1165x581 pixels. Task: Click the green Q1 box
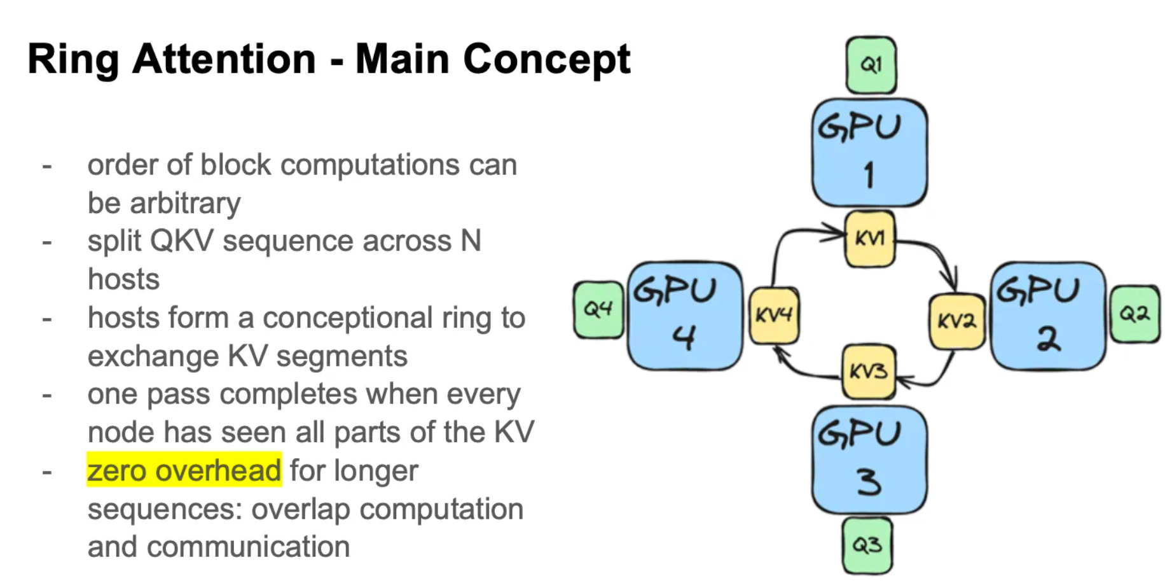(871, 65)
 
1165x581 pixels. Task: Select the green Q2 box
(1134, 314)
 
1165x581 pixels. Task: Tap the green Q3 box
(867, 545)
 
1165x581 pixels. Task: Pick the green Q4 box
(598, 310)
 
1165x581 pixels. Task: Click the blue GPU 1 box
(869, 153)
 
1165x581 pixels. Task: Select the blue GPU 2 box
(1047, 316)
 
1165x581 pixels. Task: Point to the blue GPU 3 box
(869, 459)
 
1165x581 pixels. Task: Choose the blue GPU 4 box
(684, 316)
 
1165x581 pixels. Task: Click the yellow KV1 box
(869, 239)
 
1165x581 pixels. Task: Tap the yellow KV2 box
(956, 321)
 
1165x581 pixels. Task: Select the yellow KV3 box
(868, 372)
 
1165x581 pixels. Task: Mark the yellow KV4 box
(773, 316)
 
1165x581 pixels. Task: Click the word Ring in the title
(73, 59)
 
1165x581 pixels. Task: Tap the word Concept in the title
(546, 59)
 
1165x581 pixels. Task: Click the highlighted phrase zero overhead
(184, 471)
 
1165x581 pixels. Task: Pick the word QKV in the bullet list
(181, 241)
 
